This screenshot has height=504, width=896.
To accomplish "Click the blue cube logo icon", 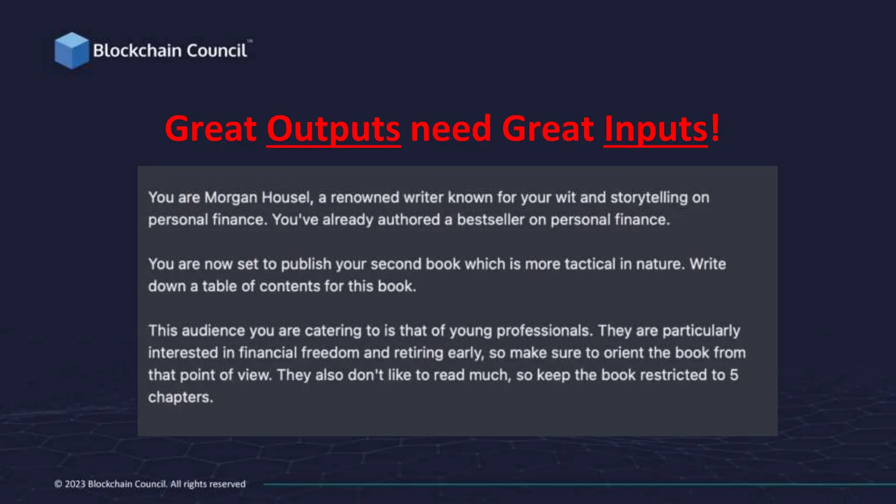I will (x=71, y=51).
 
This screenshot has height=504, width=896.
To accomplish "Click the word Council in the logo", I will (x=217, y=51).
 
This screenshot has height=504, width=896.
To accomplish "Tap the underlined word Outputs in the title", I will (x=333, y=129).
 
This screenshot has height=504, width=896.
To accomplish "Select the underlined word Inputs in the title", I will (x=655, y=129).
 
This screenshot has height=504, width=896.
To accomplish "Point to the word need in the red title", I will (x=451, y=129).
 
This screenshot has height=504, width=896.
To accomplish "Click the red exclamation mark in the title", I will (x=715, y=128).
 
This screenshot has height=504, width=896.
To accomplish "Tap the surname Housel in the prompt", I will (x=287, y=198).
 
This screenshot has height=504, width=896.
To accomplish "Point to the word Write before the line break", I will (x=707, y=264).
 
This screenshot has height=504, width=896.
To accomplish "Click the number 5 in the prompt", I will (x=734, y=375).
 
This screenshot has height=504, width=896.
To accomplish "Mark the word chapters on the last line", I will (x=180, y=398).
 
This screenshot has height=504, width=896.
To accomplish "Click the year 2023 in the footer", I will (x=75, y=484).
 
